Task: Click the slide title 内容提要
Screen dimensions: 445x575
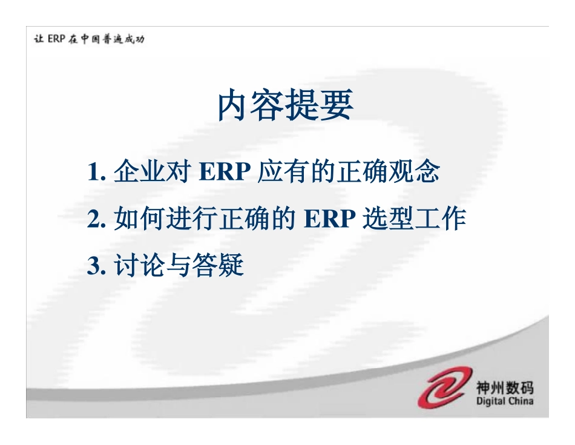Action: [x=285, y=107]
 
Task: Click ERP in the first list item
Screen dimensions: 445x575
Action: [x=225, y=173]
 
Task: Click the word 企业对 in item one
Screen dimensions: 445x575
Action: [x=150, y=173]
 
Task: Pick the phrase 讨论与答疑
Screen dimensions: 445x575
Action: [x=179, y=266]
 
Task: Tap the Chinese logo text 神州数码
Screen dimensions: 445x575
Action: [x=505, y=386]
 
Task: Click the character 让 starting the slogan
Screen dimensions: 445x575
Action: [x=39, y=39]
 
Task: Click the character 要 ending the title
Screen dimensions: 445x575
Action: [x=337, y=107]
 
